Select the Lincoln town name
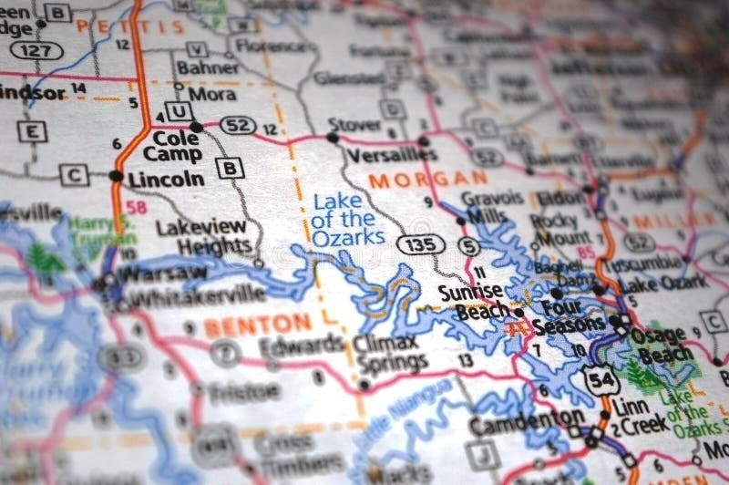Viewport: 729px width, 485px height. pyautogui.click(x=166, y=179)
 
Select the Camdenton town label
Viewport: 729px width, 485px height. pyautogui.click(x=514, y=421)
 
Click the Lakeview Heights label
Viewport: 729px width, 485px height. pyautogui.click(x=203, y=236)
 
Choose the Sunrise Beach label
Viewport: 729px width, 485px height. pyautogui.click(x=470, y=302)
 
